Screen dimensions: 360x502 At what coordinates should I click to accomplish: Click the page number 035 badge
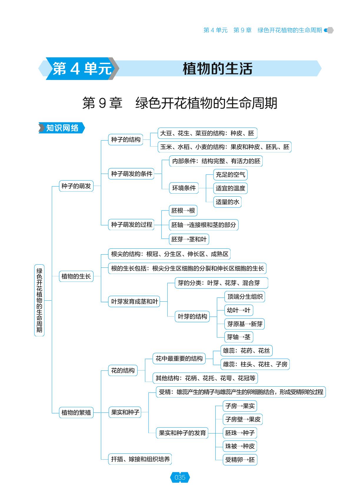coord(180,477)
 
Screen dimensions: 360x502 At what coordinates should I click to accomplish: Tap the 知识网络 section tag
coord(62,128)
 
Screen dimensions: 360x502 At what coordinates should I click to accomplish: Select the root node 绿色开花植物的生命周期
coord(39,300)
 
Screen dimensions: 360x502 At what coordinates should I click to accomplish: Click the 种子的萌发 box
coord(76,186)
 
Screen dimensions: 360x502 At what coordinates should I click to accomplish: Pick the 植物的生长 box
coord(76,276)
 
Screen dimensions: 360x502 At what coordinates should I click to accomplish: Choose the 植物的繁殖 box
coord(76,412)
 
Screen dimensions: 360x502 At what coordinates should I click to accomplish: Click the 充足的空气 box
coord(230,174)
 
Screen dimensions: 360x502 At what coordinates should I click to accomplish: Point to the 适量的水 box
coord(227,202)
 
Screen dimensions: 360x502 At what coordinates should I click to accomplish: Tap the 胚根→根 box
coord(183,210)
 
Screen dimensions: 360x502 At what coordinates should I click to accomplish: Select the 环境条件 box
coord(184,188)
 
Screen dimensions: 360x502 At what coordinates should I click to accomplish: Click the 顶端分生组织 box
coord(245,297)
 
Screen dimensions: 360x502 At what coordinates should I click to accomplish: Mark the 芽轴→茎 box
coord(239,337)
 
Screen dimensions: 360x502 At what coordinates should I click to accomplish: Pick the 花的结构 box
coord(123,370)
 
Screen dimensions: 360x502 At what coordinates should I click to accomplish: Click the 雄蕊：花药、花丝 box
coord(246,350)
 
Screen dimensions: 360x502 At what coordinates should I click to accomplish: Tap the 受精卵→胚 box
coord(240,460)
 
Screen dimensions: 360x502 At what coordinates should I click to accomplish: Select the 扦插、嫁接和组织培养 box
coord(140,459)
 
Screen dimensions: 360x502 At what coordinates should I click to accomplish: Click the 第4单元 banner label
coord(82,68)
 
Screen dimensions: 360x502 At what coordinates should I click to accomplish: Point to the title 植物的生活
coord(217,68)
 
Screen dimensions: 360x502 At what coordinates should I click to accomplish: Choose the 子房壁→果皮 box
coord(243,419)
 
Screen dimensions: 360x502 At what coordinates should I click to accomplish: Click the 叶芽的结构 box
coord(192,316)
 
